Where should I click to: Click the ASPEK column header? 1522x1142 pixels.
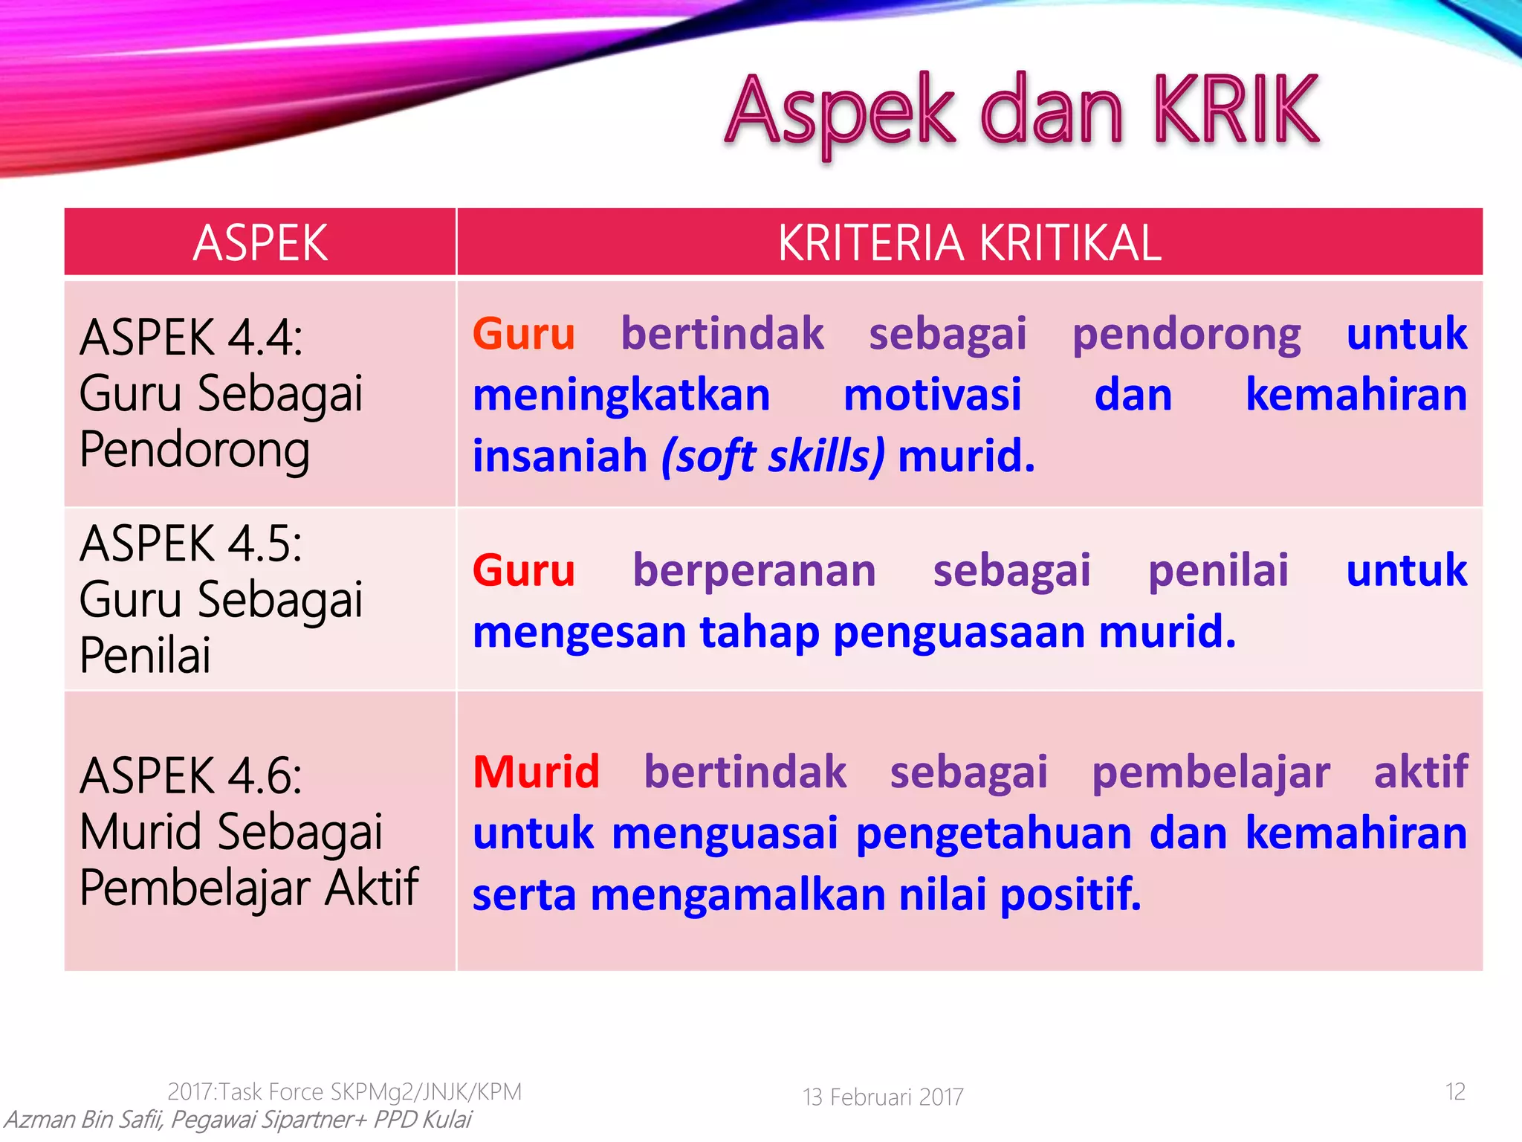pyautogui.click(x=259, y=243)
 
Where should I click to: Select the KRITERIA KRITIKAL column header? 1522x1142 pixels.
pyautogui.click(x=969, y=243)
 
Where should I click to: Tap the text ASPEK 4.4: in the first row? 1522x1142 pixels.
pyautogui.click(x=191, y=338)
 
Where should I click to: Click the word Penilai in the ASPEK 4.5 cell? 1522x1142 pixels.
pyautogui.click(x=145, y=656)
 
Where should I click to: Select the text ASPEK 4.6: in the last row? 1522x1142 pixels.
pyautogui.click(x=191, y=776)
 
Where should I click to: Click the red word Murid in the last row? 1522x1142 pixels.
pyautogui.click(x=536, y=772)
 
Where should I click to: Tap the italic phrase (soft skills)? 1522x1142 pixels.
pyautogui.click(x=773, y=456)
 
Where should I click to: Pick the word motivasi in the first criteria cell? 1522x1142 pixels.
pyautogui.click(x=932, y=395)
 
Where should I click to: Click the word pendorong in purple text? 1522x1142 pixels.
pyautogui.click(x=1186, y=335)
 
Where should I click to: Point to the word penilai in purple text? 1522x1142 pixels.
pyautogui.click(x=1217, y=571)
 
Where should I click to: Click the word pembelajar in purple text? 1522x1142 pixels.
pyautogui.click(x=1210, y=773)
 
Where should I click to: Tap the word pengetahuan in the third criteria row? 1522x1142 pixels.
pyautogui.click(x=994, y=834)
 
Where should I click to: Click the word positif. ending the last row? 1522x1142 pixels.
pyautogui.click(x=1069, y=894)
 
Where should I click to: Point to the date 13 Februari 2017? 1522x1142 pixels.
pyautogui.click(x=883, y=1097)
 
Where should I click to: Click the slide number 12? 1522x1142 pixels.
pyautogui.click(x=1454, y=1091)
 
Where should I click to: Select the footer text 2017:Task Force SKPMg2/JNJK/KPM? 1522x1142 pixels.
pyautogui.click(x=344, y=1091)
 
